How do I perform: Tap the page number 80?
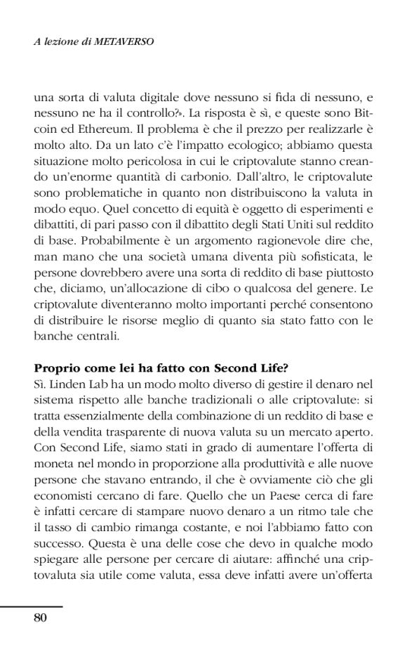[40, 618]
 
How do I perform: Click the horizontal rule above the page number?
[32, 606]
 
